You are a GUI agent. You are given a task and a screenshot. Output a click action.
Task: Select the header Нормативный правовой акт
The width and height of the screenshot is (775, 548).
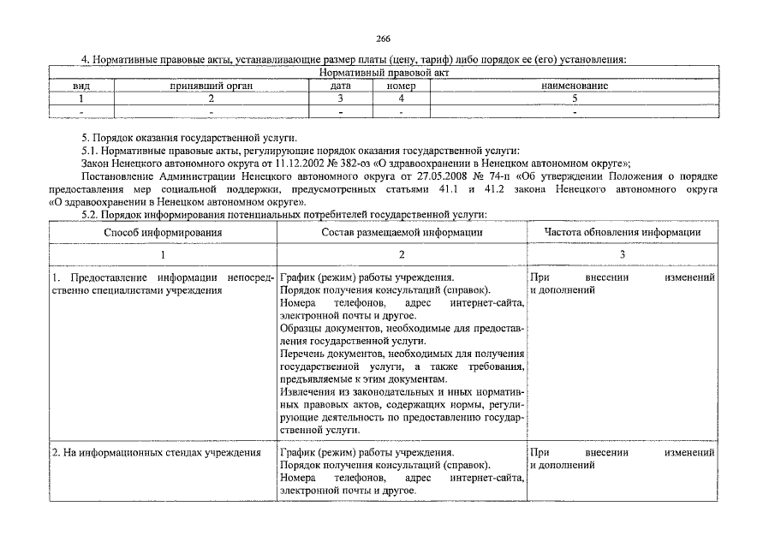pyautogui.click(x=383, y=74)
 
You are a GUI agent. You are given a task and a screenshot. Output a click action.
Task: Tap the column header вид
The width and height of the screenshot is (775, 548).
pyautogui.click(x=81, y=86)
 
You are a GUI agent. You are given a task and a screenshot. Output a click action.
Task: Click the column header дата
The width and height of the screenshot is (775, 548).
pyautogui.click(x=340, y=86)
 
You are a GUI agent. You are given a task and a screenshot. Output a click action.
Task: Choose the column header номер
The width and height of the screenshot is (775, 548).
pyautogui.click(x=401, y=86)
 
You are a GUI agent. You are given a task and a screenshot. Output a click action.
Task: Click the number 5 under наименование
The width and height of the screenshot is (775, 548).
pyautogui.click(x=575, y=99)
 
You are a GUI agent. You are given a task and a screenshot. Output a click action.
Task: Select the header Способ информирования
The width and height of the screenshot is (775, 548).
pyautogui.click(x=163, y=232)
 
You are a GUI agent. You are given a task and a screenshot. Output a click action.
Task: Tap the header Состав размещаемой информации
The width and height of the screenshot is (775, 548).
pyautogui.click(x=402, y=232)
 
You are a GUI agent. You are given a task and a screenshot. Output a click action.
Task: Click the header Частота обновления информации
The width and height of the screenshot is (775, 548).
pyautogui.click(x=623, y=232)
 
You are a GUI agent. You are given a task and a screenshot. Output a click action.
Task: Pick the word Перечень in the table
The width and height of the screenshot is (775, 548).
pyautogui.click(x=303, y=354)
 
